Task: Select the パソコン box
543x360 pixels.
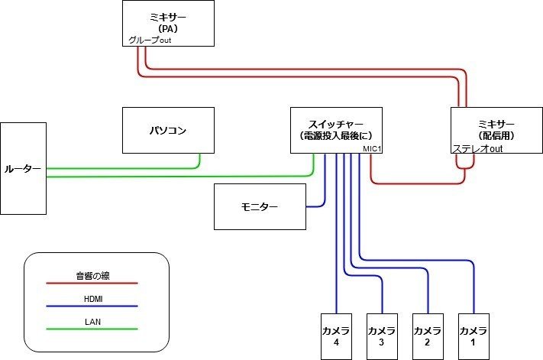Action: (168, 131)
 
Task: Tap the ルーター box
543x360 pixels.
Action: (23, 167)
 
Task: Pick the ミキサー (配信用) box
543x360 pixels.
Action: (496, 130)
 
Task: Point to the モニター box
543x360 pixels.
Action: (260, 206)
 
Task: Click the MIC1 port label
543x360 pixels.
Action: (371, 149)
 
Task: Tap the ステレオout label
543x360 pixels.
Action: (477, 149)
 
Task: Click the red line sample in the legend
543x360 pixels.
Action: (92, 283)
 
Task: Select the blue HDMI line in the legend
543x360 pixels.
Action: (92, 306)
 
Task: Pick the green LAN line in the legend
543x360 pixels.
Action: (92, 329)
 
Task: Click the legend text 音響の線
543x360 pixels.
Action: (92, 275)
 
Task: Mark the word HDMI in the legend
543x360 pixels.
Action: (92, 298)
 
